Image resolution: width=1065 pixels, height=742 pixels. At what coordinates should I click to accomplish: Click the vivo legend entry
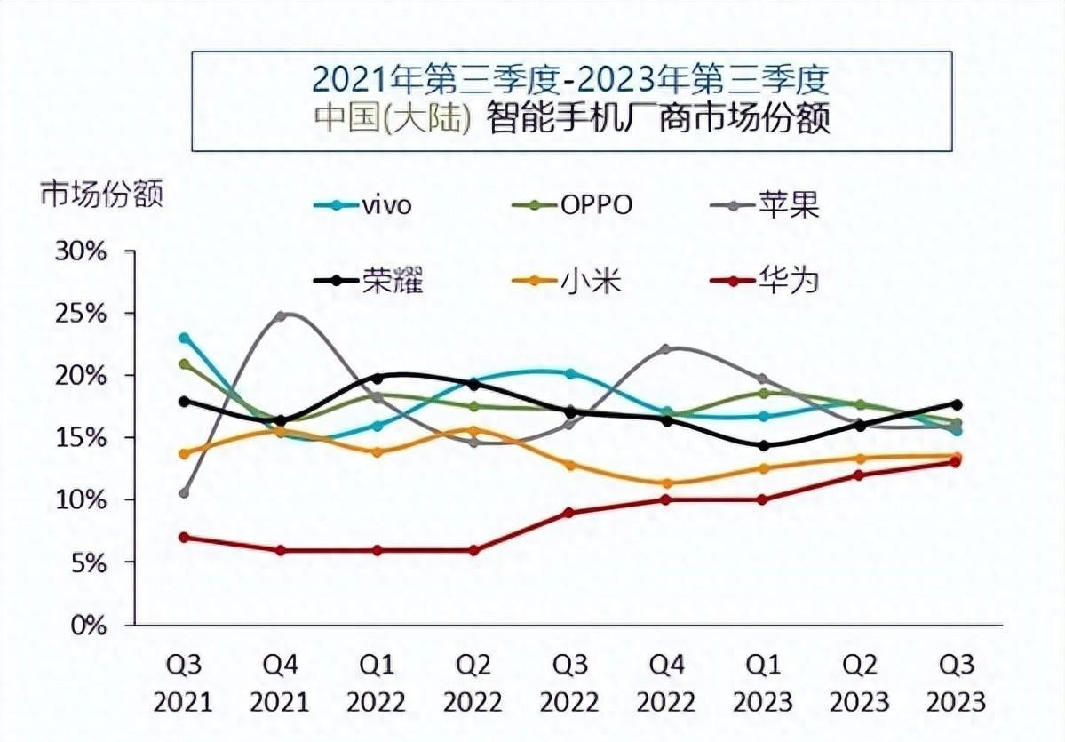364,205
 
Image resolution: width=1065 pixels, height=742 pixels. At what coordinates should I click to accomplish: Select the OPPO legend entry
573,205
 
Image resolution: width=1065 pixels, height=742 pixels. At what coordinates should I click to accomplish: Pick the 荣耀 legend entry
369,281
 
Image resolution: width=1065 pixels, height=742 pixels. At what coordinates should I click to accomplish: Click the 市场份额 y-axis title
101,194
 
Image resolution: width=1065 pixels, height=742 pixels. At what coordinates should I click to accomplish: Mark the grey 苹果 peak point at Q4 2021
281,315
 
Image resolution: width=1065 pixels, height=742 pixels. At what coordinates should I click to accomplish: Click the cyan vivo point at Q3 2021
184,338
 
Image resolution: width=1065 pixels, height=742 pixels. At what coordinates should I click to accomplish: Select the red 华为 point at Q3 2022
570,513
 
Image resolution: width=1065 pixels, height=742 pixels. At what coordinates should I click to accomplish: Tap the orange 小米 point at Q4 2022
667,483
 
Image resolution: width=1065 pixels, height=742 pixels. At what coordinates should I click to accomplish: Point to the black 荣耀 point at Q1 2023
764,445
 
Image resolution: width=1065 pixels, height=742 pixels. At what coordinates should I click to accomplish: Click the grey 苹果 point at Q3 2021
184,493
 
